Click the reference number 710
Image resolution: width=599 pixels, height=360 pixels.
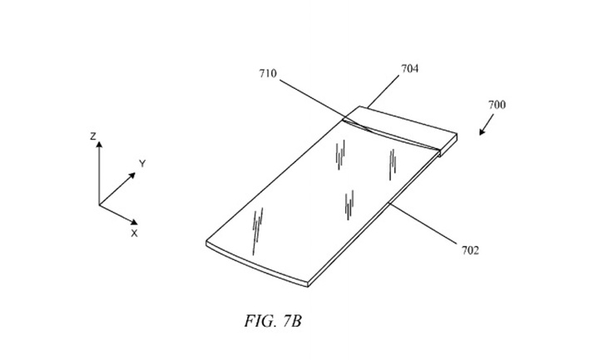point(268,73)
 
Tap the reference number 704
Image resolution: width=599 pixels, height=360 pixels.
point(409,69)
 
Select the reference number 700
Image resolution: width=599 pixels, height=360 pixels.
point(497,105)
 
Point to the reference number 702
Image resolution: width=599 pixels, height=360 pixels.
point(470,250)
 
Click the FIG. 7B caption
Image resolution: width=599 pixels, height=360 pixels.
point(273,321)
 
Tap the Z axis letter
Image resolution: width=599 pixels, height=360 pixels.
point(93,136)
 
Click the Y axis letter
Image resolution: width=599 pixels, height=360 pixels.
point(142,164)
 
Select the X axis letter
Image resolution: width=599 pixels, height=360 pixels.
point(134,234)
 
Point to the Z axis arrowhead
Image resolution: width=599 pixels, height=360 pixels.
point(99,145)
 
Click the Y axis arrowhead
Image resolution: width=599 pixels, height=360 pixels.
point(132,175)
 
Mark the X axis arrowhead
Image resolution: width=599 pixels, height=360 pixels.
point(134,222)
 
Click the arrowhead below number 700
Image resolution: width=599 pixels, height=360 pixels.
point(482,132)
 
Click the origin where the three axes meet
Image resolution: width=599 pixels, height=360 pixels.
point(99,205)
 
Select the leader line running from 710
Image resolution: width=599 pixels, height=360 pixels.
point(324,106)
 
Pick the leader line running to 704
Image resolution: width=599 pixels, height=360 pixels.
point(384,91)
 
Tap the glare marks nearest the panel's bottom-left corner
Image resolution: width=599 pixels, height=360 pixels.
point(257,230)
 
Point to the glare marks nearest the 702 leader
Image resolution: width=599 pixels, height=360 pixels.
point(349,205)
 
